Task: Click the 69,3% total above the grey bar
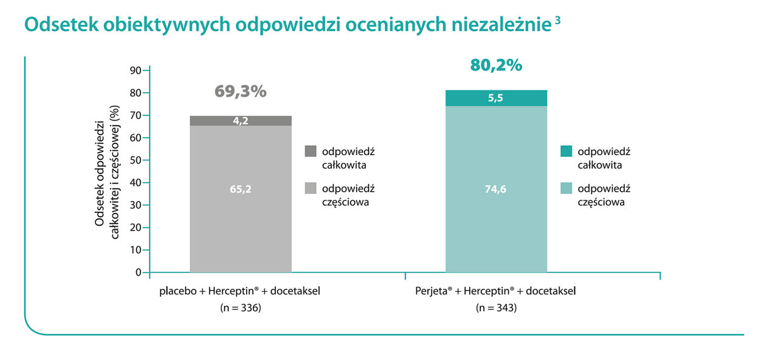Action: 240,91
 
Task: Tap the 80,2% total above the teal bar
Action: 495,66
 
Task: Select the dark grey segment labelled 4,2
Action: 241,120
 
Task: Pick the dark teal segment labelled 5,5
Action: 496,98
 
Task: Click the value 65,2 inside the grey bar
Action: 241,189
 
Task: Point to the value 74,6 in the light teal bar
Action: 496,189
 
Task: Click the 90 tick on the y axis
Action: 136,71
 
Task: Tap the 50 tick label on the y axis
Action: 136,161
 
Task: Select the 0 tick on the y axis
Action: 138,272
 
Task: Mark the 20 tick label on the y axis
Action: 136,227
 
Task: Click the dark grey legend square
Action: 311,151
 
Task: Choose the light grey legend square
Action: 311,189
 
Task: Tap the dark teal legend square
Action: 566,151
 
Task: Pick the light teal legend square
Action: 566,189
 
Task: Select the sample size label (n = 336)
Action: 240,308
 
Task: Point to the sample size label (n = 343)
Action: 496,308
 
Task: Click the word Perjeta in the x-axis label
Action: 431,291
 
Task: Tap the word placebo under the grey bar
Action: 176,291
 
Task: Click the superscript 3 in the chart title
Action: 558,19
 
